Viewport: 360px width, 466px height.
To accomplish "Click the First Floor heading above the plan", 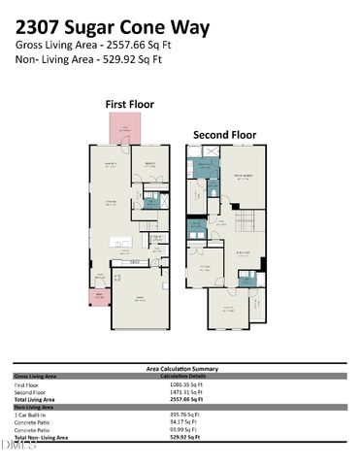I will click(130, 104).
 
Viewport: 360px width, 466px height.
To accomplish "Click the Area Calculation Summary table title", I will click(181, 369).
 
